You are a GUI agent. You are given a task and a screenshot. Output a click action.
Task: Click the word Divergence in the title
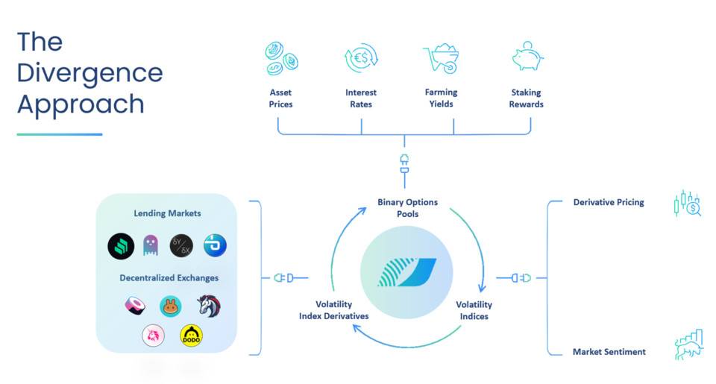(89, 72)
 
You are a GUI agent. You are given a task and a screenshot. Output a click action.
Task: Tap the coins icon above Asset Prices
(281, 58)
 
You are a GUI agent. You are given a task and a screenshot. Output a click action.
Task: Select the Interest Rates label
(361, 98)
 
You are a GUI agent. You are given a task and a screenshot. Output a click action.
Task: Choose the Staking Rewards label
(527, 98)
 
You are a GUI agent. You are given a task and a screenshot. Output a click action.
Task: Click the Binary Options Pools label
(407, 208)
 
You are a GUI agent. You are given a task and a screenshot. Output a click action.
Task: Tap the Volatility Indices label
(474, 310)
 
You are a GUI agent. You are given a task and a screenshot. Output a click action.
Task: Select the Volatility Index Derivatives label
(333, 310)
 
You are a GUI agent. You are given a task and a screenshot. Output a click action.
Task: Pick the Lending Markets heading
(167, 213)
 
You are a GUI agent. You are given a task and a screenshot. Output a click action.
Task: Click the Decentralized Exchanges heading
(167, 278)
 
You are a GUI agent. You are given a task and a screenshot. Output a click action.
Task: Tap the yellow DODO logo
(192, 337)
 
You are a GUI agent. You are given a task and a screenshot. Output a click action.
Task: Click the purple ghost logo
(151, 245)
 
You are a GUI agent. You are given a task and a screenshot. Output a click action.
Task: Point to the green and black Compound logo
(119, 245)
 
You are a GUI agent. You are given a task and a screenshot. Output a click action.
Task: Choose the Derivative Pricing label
(608, 202)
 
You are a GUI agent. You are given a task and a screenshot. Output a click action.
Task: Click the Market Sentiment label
(609, 351)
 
